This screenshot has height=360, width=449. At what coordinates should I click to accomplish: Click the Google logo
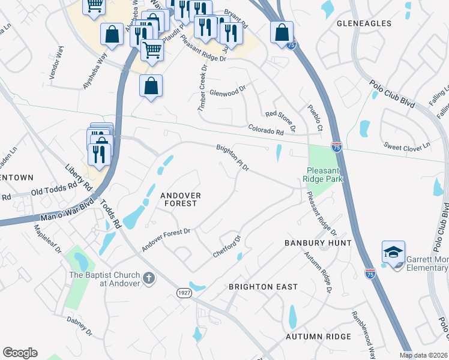[20, 353]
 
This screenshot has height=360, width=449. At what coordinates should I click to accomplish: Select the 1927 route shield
[185, 292]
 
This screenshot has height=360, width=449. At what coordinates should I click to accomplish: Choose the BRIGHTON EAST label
[263, 287]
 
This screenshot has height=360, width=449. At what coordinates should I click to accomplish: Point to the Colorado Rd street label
[265, 130]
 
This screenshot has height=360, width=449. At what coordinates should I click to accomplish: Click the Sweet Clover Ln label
[408, 145]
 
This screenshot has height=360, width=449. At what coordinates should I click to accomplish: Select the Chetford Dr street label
[226, 247]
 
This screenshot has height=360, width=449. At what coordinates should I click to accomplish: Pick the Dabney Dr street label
[79, 326]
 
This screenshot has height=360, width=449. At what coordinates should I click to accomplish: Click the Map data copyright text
[423, 355]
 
